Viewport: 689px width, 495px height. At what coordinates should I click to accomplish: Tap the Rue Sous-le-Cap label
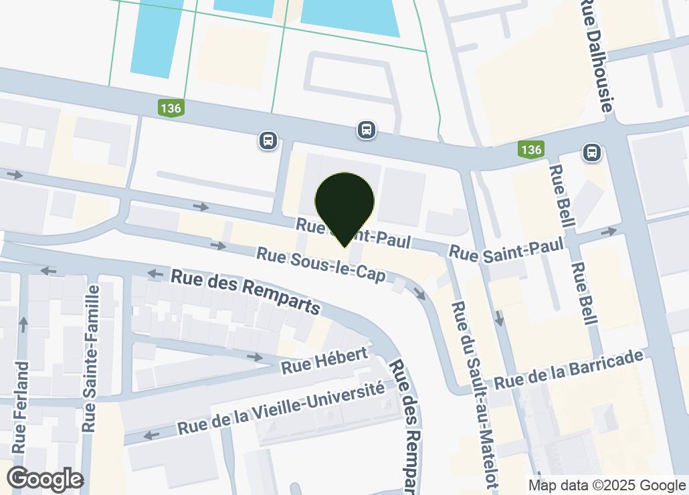coord(321,265)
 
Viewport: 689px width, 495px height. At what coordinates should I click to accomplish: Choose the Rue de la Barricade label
coord(569,371)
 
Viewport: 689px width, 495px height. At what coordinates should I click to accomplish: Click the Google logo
coord(45,479)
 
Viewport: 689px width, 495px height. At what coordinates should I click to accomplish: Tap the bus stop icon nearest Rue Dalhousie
coord(592,153)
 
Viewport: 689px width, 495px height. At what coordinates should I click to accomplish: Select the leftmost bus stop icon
coord(268,140)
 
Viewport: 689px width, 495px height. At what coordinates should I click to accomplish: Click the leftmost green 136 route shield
coord(171,107)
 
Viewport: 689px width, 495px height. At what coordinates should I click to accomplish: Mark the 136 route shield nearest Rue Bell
coord(531,149)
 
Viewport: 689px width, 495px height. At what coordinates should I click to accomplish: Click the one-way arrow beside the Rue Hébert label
coord(254,357)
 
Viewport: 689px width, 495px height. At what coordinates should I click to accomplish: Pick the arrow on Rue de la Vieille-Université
coord(152,435)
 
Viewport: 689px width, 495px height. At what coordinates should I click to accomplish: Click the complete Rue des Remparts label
coord(245,290)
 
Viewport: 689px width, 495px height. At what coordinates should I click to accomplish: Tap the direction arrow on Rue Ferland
coord(23,324)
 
